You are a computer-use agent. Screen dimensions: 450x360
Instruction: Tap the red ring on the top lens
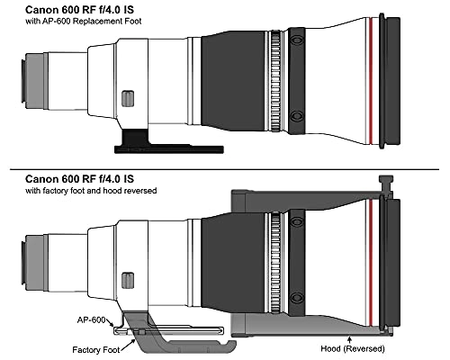click(371, 81)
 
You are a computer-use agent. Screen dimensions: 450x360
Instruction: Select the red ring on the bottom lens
click(371, 263)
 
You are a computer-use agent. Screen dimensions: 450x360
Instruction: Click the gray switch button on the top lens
click(128, 98)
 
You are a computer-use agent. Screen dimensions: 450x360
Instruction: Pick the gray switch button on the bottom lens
click(128, 281)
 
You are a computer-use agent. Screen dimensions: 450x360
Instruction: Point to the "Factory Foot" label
click(96, 350)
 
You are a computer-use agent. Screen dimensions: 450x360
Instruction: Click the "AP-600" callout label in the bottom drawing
click(91, 320)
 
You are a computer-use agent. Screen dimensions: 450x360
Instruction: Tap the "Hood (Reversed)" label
click(353, 348)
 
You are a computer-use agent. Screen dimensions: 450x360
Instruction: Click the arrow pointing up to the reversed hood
click(349, 340)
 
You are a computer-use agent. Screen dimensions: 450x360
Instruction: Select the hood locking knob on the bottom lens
click(386, 184)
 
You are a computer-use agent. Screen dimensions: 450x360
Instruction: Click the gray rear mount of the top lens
click(34, 81)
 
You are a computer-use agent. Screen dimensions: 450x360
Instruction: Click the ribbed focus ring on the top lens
click(276, 81)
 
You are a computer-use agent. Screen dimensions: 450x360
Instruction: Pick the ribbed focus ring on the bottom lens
click(276, 263)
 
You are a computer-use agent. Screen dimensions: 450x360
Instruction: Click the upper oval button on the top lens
click(297, 40)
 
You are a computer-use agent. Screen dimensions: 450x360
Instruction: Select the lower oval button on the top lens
click(297, 115)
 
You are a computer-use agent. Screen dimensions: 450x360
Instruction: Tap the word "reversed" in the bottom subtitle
click(140, 191)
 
